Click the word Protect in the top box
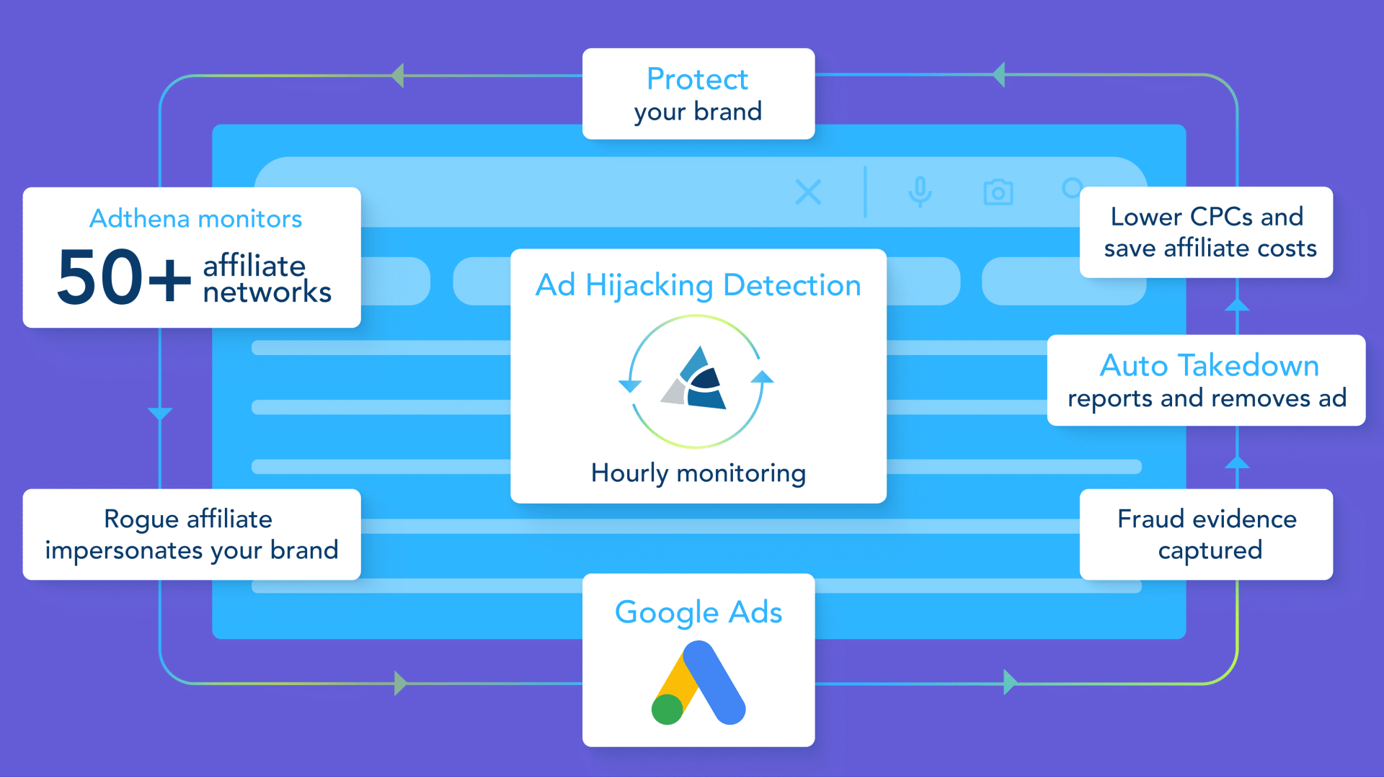pyautogui.click(x=697, y=79)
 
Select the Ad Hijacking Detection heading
pyautogui.click(x=698, y=286)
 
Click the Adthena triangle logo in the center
pyautogui.click(x=694, y=379)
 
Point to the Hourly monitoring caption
pyautogui.click(x=698, y=473)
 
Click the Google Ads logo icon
pyautogui.click(x=698, y=683)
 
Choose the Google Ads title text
pyautogui.click(x=698, y=613)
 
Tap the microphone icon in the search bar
pyautogui.click(x=920, y=192)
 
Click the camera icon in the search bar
pyautogui.click(x=998, y=192)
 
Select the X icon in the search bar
pyautogui.click(x=808, y=192)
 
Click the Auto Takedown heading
pyautogui.click(x=1210, y=366)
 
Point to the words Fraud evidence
pyautogui.click(x=1207, y=519)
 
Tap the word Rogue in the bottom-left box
pyautogui.click(x=141, y=520)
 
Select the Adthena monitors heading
pyautogui.click(x=195, y=218)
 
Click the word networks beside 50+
pyautogui.click(x=267, y=292)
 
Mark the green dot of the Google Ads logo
pyautogui.click(x=667, y=710)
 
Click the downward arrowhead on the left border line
pyautogui.click(x=160, y=413)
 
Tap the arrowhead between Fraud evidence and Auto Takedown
pyautogui.click(x=1237, y=462)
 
